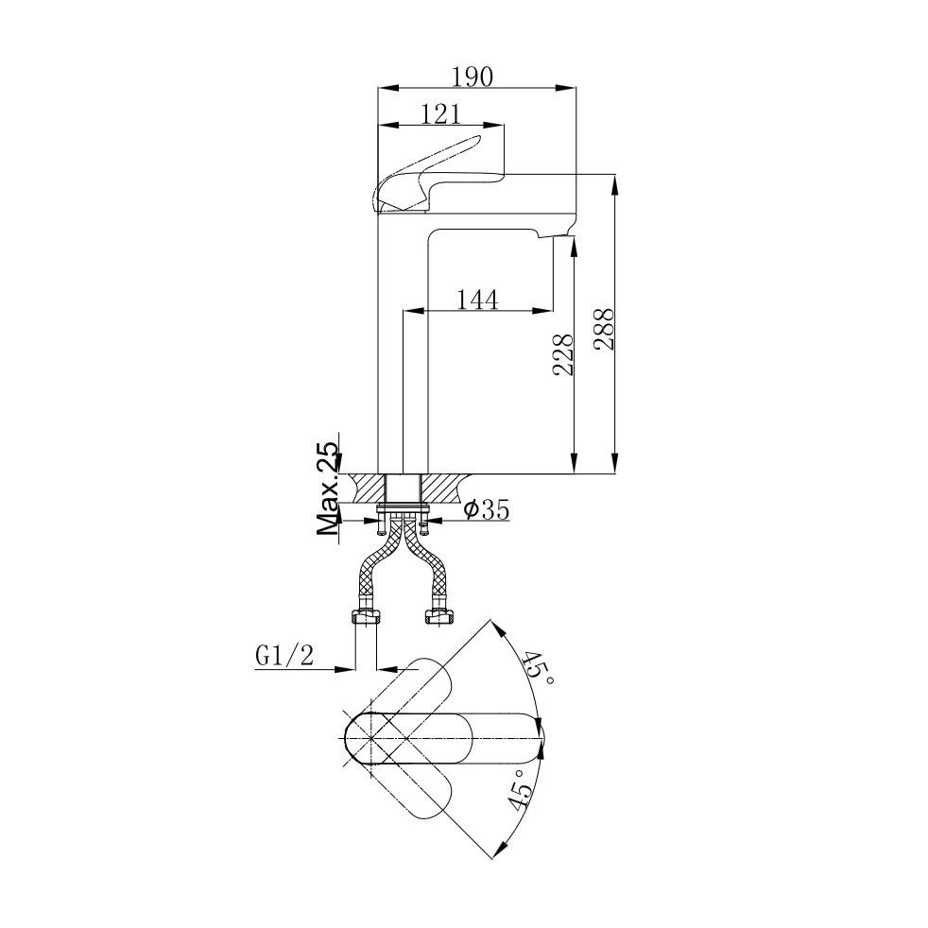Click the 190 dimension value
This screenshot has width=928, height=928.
(x=473, y=77)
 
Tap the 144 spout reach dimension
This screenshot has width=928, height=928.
(x=478, y=300)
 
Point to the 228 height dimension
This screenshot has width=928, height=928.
(x=563, y=354)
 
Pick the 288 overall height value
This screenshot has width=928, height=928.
(x=605, y=329)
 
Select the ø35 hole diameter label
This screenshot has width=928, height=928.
(x=487, y=509)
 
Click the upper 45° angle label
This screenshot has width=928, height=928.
(x=540, y=669)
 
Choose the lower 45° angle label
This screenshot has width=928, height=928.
(x=517, y=789)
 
